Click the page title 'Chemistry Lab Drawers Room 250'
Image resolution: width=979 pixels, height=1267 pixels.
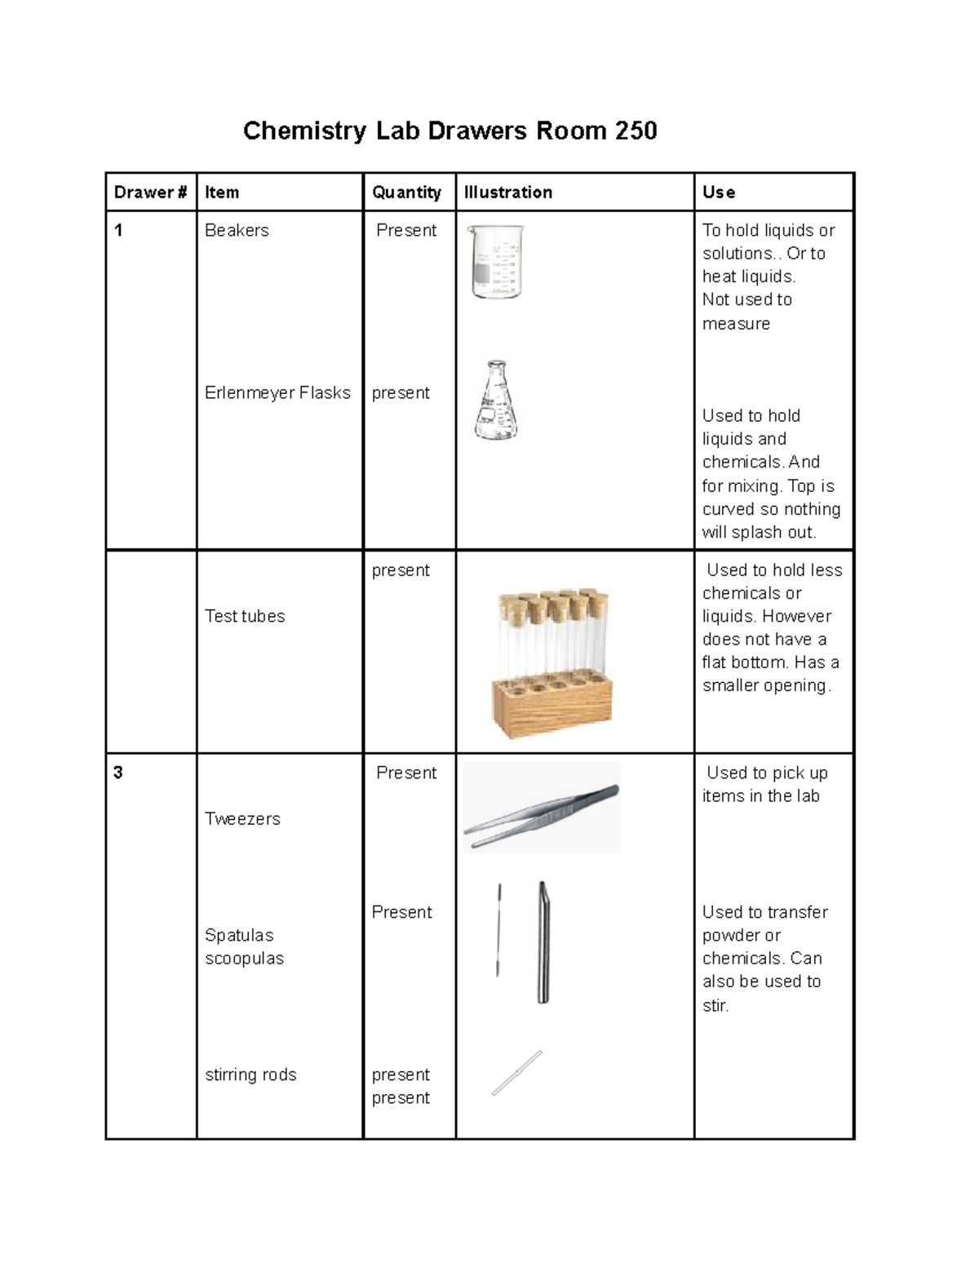pyautogui.click(x=450, y=131)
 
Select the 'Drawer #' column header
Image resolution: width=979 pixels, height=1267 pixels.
pyautogui.click(x=150, y=193)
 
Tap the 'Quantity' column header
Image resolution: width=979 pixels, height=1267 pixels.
pyautogui.click(x=406, y=193)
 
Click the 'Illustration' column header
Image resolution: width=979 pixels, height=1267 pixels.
pyautogui.click(x=507, y=193)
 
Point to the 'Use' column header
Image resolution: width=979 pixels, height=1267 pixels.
pyautogui.click(x=719, y=193)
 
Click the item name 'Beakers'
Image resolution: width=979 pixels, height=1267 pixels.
pyautogui.click(x=237, y=230)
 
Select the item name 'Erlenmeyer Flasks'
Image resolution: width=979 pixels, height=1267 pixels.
pyautogui.click(x=277, y=392)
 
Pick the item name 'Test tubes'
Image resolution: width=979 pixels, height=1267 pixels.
pyautogui.click(x=245, y=616)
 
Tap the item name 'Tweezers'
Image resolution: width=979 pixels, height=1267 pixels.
pyautogui.click(x=242, y=818)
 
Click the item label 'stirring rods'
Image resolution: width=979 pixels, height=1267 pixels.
pyautogui.click(x=250, y=1074)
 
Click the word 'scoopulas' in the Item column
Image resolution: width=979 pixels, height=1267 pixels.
pyautogui.click(x=244, y=958)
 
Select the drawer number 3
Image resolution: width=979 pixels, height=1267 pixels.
pyautogui.click(x=118, y=773)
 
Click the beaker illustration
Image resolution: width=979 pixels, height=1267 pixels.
pyautogui.click(x=495, y=262)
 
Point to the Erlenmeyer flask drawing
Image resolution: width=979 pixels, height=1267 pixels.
pyautogui.click(x=496, y=401)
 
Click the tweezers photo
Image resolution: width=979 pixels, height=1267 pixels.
pyautogui.click(x=542, y=808)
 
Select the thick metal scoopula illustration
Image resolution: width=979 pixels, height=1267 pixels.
pyautogui.click(x=543, y=942)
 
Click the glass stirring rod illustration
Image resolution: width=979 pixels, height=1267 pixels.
pyautogui.click(x=516, y=1073)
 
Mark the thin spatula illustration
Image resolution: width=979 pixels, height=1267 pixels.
pyautogui.click(x=498, y=930)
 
